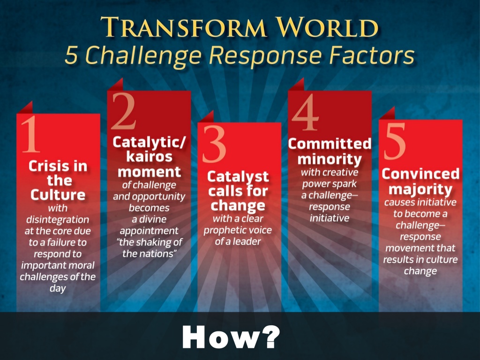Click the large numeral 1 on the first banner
click(30, 134)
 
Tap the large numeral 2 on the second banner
click(124, 111)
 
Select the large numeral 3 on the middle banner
click(214, 144)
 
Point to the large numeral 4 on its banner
click(305, 112)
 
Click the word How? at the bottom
click(231, 337)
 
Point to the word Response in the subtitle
click(265, 56)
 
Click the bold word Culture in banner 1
click(58, 195)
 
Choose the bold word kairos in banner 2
click(149, 157)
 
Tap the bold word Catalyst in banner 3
click(238, 177)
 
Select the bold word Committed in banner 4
click(330, 144)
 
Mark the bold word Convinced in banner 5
click(420, 174)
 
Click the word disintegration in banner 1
click(58, 219)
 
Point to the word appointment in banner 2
click(149, 231)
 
